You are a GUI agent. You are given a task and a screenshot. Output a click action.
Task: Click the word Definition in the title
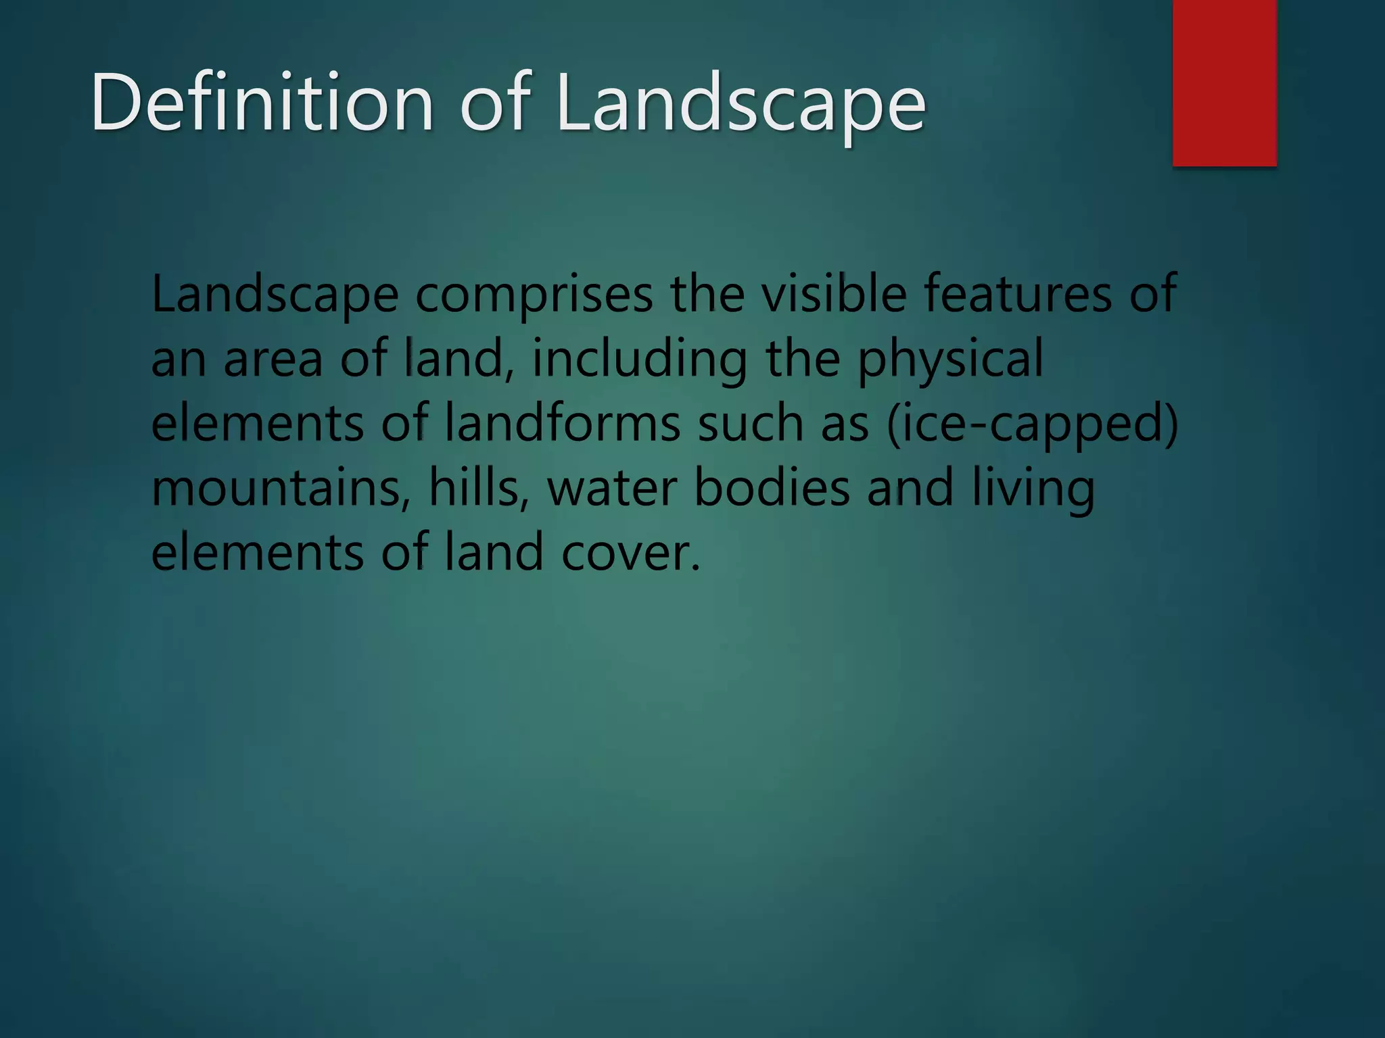[262, 103]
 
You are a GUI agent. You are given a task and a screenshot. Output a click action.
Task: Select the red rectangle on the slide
[1224, 82]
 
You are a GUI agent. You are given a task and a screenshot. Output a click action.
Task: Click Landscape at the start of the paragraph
[275, 295]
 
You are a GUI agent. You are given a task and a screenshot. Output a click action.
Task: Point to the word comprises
[534, 295]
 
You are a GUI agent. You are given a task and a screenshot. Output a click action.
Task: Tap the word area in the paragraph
[273, 360]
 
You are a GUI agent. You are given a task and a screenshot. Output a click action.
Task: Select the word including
[640, 360]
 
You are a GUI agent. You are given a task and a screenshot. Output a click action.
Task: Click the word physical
[951, 360]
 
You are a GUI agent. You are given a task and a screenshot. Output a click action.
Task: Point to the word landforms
[563, 424]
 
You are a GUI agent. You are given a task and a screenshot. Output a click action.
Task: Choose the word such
[750, 424]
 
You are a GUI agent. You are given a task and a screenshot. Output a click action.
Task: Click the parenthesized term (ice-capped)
[1032, 425]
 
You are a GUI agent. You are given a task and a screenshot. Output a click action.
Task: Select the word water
[611, 489]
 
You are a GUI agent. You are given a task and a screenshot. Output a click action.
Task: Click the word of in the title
[494, 103]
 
